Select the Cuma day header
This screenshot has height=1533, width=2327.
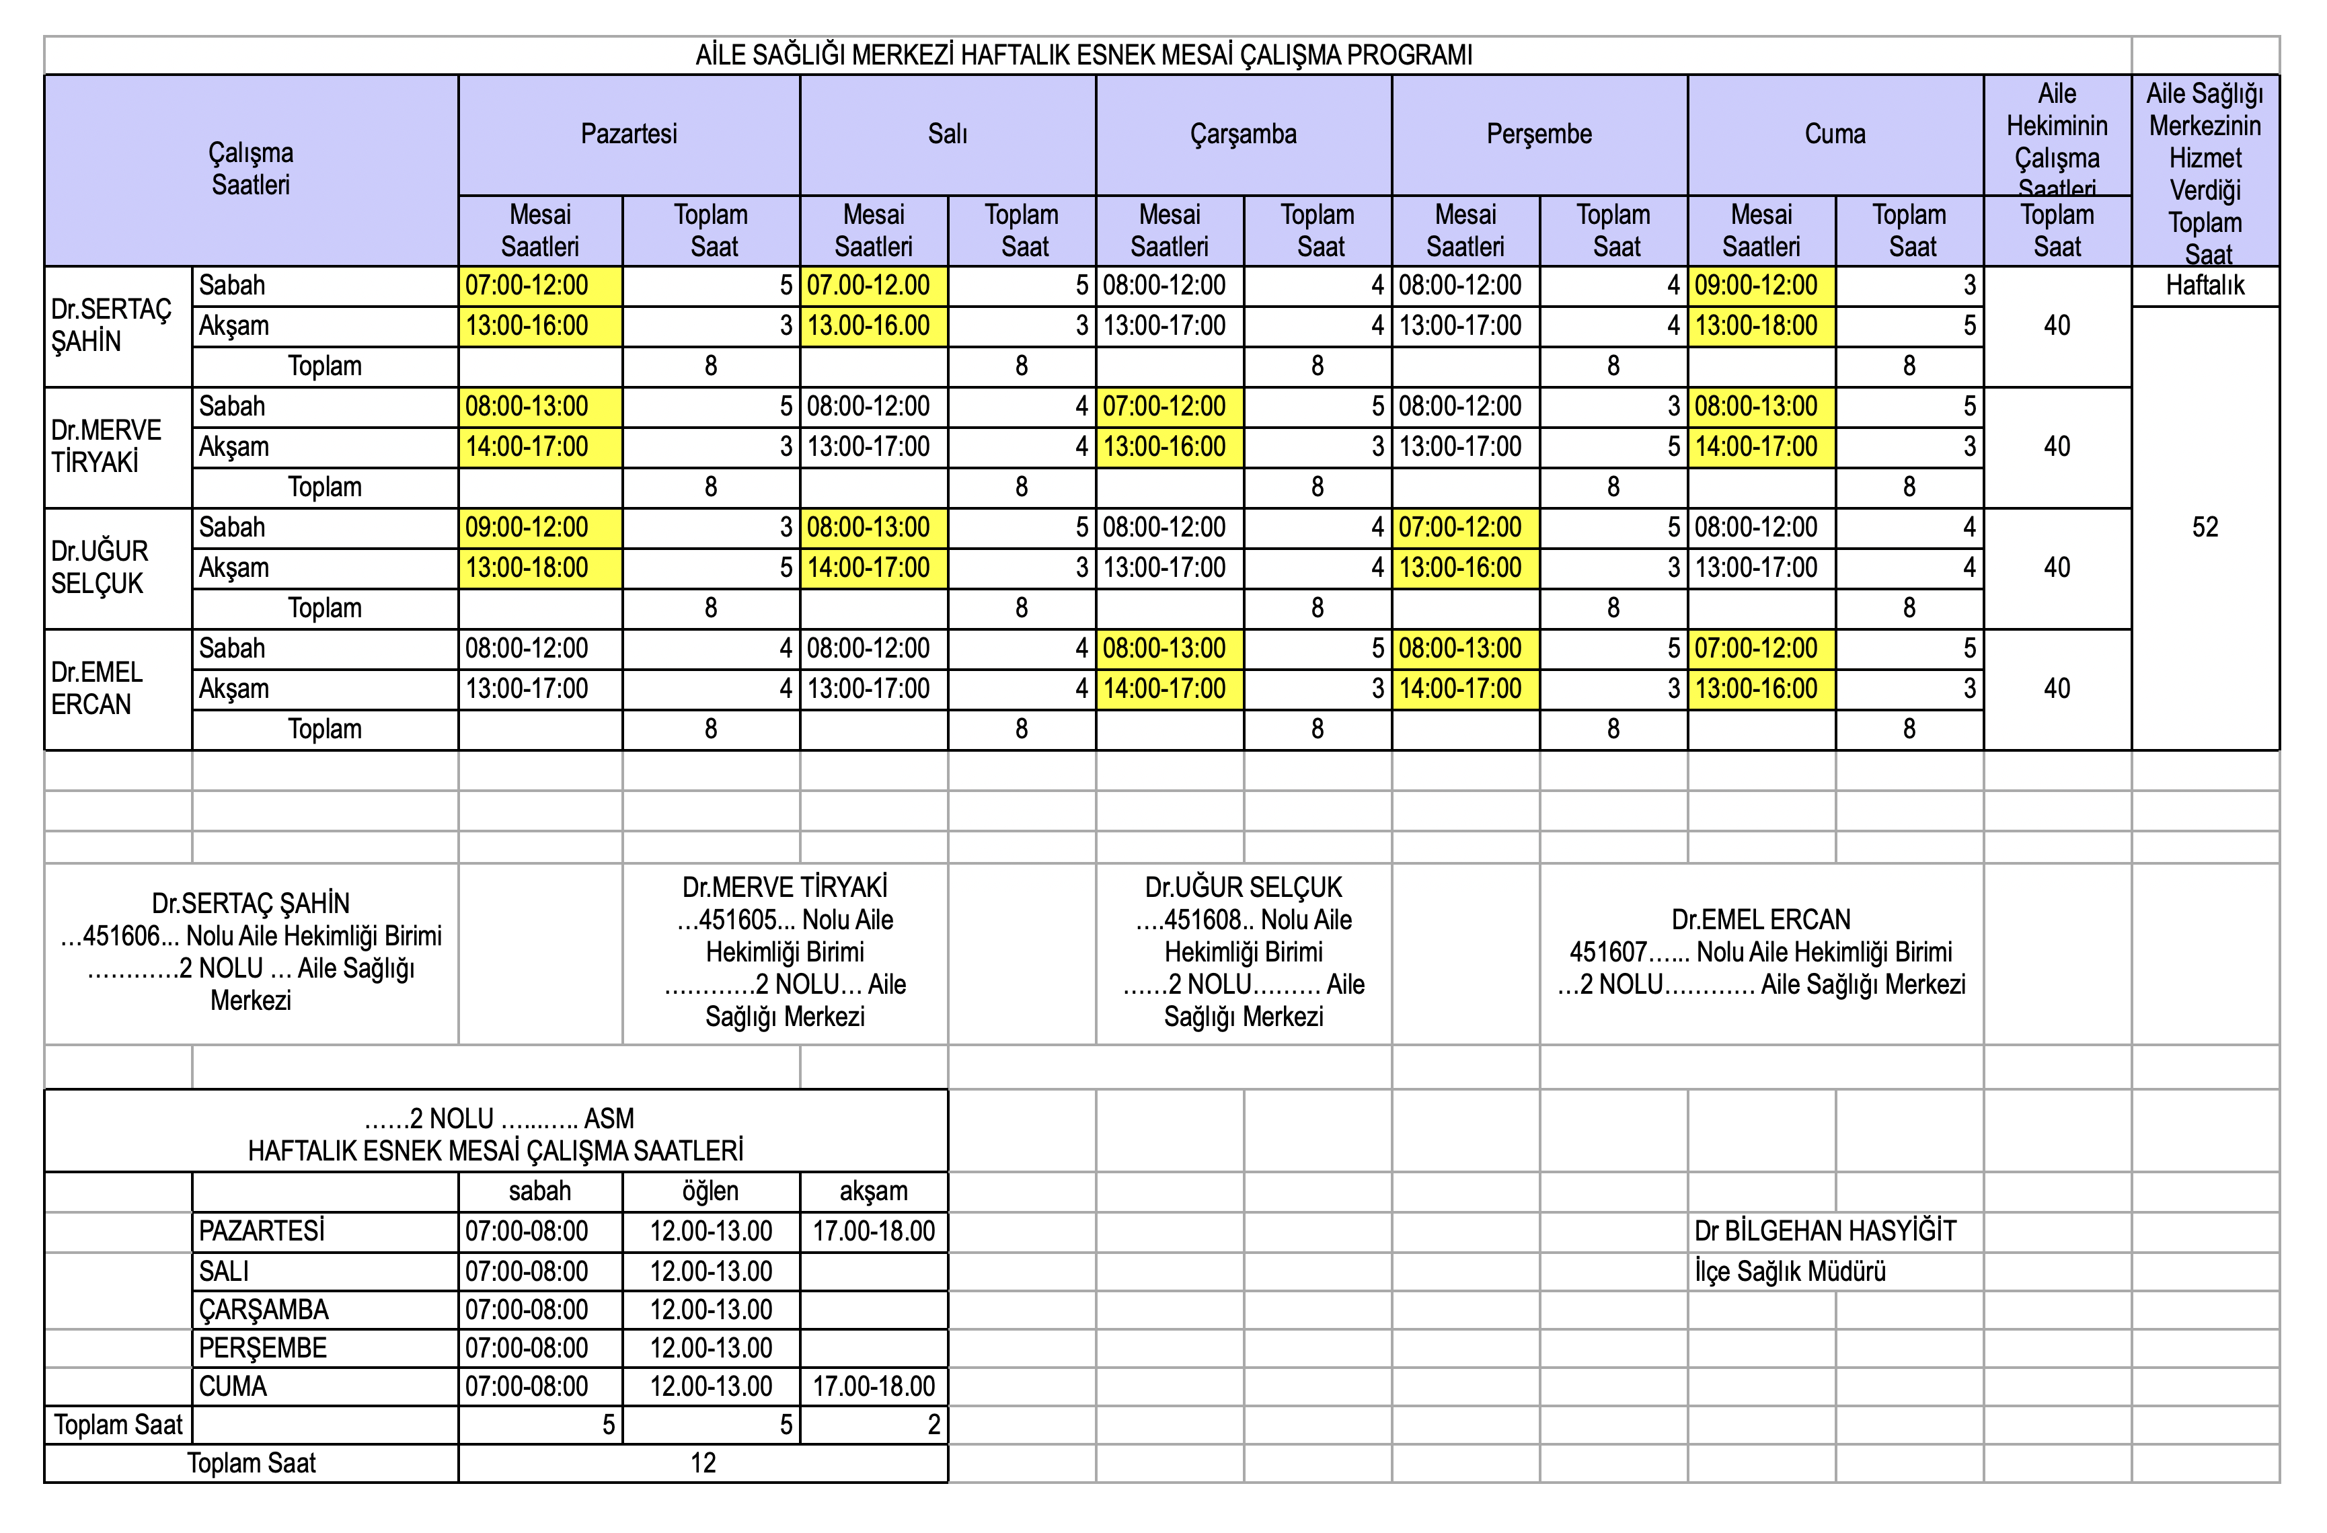(x=1834, y=134)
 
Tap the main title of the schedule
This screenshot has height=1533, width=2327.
(x=1083, y=54)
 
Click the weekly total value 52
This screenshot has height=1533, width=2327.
(x=2204, y=528)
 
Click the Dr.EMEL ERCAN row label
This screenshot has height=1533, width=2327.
(x=97, y=689)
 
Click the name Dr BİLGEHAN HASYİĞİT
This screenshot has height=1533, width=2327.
(x=1825, y=1231)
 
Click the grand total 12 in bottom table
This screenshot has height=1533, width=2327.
(x=703, y=1464)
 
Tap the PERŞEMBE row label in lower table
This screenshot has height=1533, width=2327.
(x=262, y=1348)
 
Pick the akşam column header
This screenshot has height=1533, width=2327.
(x=873, y=1191)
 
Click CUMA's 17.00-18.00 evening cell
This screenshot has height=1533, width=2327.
(x=873, y=1386)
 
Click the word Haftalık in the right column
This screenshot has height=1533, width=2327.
(x=2204, y=286)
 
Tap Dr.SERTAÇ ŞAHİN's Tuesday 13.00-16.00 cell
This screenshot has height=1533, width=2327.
(x=868, y=325)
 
